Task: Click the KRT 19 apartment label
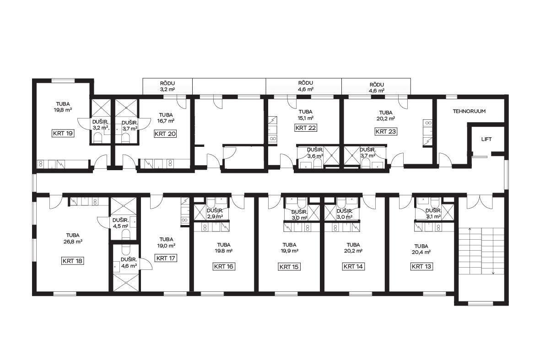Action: (63, 133)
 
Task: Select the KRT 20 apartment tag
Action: (165, 134)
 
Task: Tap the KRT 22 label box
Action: (306, 128)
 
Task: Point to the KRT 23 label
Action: (386, 131)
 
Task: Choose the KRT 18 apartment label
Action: (73, 261)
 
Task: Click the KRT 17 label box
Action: (166, 258)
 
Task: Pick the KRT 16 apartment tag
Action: (224, 266)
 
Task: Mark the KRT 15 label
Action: (289, 266)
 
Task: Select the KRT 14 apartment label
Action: (353, 266)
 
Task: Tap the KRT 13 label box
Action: (421, 266)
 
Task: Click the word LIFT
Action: (486, 139)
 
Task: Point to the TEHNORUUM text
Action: (469, 111)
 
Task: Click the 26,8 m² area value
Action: (73, 242)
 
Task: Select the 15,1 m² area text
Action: (306, 118)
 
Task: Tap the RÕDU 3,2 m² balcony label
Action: (167, 86)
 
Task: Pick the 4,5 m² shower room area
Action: (120, 226)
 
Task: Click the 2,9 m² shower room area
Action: (215, 216)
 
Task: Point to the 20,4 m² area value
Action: (421, 252)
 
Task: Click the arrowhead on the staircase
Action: (493, 273)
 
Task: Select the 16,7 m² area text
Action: (166, 121)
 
